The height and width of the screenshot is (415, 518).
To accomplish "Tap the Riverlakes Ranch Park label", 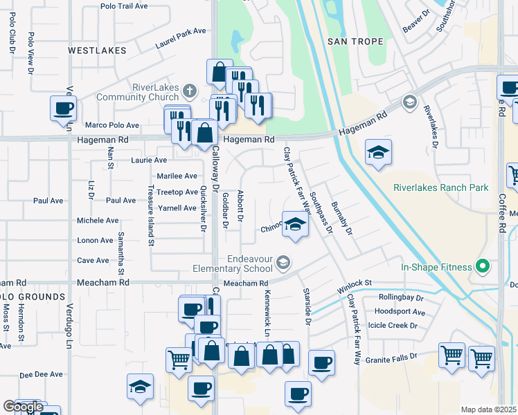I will click(440, 187).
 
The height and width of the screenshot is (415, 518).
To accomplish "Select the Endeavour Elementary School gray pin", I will click(283, 262).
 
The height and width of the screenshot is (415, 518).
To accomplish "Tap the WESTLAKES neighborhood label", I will click(98, 50).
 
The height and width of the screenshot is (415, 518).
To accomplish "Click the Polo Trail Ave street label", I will click(124, 6).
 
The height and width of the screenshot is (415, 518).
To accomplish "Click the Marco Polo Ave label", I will click(111, 126).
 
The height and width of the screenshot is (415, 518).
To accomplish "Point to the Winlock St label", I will click(355, 284).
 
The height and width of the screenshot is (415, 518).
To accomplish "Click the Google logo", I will click(23, 407).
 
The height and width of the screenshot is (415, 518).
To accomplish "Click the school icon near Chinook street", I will click(295, 225).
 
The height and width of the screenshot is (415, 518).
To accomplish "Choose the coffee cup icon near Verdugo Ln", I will click(63, 109).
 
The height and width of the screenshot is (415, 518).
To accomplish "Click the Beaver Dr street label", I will click(416, 25).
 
